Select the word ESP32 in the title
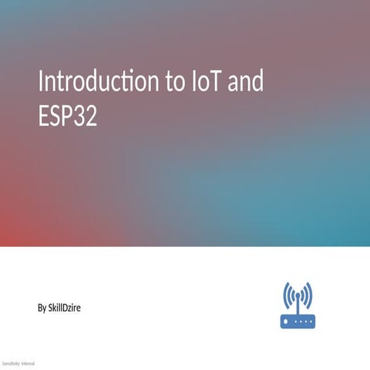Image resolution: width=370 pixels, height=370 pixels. tap(68, 117)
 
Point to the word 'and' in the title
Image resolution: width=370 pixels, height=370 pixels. tap(247, 82)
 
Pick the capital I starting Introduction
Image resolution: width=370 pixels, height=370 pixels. tap(42, 82)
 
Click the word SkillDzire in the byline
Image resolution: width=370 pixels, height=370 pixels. tap(65, 308)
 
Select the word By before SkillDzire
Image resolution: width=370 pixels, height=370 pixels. tap(42, 308)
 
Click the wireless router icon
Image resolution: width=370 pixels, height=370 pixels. tap(298, 305)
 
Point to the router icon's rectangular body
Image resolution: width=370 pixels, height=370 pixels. tap(298, 321)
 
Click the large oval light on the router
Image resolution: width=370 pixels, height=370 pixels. tap(287, 321)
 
